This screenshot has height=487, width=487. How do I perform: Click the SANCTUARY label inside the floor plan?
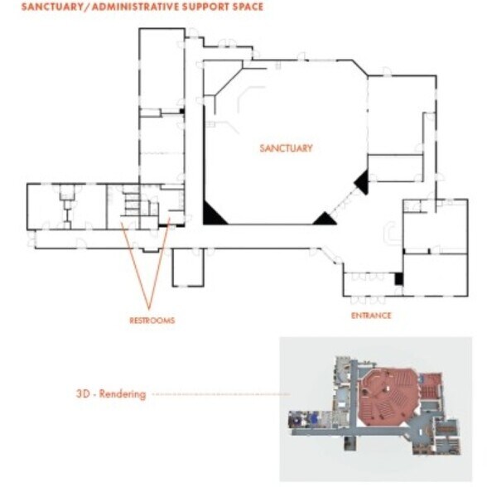(286, 148)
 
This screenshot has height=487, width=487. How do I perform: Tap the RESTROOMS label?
(152, 320)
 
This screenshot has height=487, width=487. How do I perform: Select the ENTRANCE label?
(370, 316)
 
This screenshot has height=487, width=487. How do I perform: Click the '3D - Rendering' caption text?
(110, 394)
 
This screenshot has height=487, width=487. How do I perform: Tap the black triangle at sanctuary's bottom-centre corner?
(325, 219)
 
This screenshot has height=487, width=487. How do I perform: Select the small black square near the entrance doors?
(398, 279)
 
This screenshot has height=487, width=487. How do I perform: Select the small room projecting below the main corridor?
(188, 266)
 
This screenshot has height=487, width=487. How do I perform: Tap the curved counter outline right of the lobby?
(390, 234)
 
